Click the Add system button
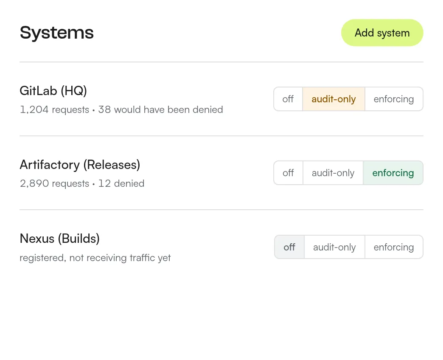coord(382,33)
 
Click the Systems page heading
coord(56,33)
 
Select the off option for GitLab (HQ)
coord(288,99)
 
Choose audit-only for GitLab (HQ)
coord(334,99)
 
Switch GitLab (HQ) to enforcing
coord(394,99)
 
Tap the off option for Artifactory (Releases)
coord(289,173)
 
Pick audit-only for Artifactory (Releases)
coord(333,173)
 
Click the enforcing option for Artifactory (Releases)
coord(393,173)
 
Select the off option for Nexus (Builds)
coord(289,247)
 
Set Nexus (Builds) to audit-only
coord(334,247)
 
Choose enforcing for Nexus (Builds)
coord(394,247)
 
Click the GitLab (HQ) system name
coord(53,91)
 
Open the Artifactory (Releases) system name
coord(80,165)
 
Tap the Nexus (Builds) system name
coord(59,239)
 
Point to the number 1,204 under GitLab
coord(34,110)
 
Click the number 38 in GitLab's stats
coord(104,110)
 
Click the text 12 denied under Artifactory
coord(121,184)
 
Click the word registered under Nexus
coord(43,258)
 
